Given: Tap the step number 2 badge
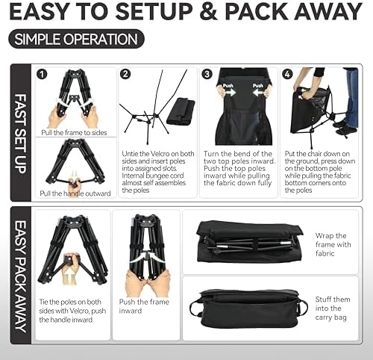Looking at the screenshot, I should [125, 75].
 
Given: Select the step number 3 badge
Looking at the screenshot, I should [207, 75].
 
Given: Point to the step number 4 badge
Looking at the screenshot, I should [287, 75].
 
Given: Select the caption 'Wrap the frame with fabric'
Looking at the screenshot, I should [331, 244].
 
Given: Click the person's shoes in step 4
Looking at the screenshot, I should [344, 128].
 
